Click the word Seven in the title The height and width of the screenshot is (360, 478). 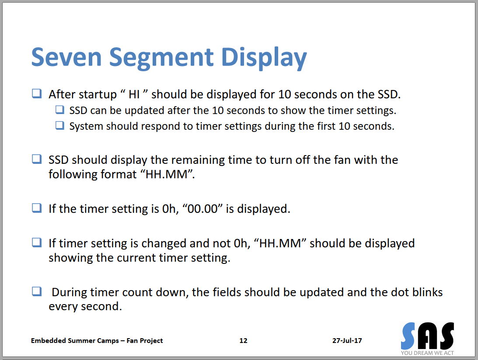66,57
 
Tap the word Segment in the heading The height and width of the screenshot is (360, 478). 161,59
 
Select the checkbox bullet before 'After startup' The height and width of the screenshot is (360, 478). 37,93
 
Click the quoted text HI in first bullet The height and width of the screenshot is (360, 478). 134,94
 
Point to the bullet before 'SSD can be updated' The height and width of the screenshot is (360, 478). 60,110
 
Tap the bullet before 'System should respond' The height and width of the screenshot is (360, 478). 60,125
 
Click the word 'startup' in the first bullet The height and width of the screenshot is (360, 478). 98,95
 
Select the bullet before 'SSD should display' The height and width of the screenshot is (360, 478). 37,159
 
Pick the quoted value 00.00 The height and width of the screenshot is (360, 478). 203,209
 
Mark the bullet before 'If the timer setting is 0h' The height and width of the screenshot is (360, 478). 37,208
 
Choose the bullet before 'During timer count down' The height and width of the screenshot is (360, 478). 37,291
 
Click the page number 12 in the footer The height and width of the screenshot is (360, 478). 243,340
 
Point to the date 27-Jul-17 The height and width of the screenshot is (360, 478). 347,340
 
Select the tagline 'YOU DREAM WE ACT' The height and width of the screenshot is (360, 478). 427,353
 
